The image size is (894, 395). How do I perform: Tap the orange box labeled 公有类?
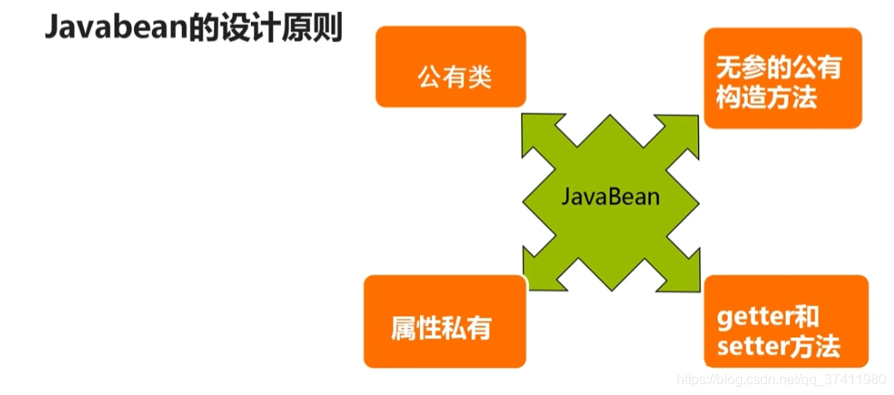pyautogui.click(x=450, y=67)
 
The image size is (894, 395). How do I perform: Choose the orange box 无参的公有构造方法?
pyautogui.click(x=782, y=78)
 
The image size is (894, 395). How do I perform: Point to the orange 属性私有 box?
pyautogui.click(x=444, y=320)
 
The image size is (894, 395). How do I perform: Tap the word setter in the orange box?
pyautogui.click(x=747, y=348)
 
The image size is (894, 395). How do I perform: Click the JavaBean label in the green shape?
pyautogui.click(x=611, y=196)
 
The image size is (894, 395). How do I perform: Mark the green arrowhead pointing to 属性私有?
pyautogui.click(x=539, y=263)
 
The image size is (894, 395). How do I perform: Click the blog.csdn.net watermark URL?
pyautogui.click(x=781, y=379)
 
